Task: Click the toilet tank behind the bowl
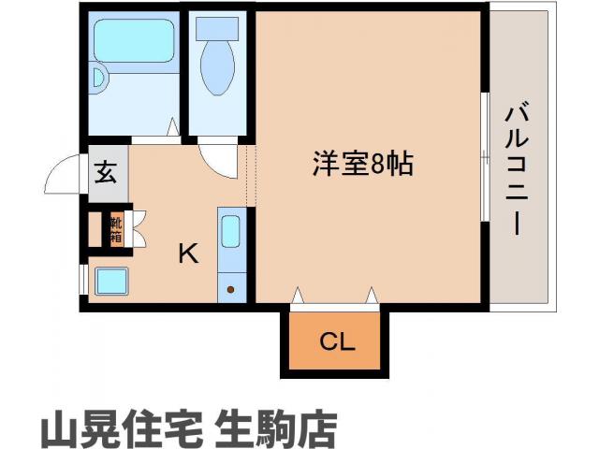[218, 28]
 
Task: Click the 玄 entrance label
[105, 173]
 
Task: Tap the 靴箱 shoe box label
[116, 229]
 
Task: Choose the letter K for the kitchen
[188, 253]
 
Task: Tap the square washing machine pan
[109, 281]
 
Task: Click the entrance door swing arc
[62, 173]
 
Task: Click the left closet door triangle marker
[298, 297]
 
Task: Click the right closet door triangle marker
[372, 297]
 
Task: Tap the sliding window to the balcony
[485, 156]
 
